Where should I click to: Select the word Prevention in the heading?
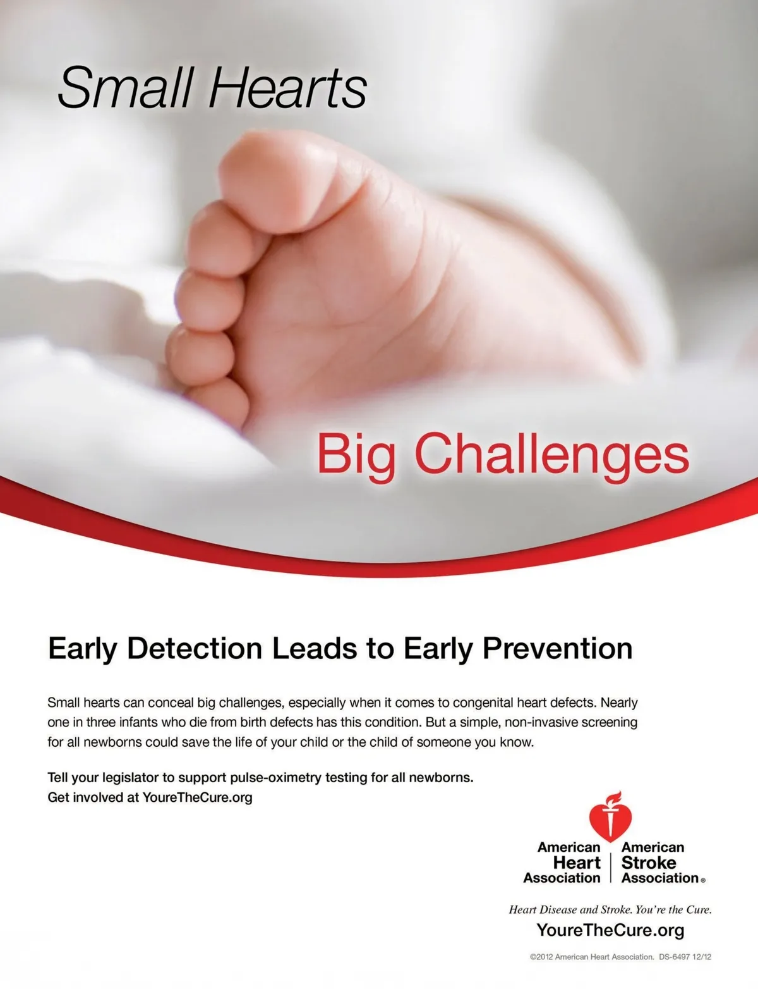(557, 648)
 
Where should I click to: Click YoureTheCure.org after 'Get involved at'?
(197, 797)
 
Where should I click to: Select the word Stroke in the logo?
(649, 863)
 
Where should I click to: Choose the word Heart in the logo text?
(577, 863)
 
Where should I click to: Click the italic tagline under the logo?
(610, 910)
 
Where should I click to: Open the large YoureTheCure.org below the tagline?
(610, 930)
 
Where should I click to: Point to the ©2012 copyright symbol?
(533, 957)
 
